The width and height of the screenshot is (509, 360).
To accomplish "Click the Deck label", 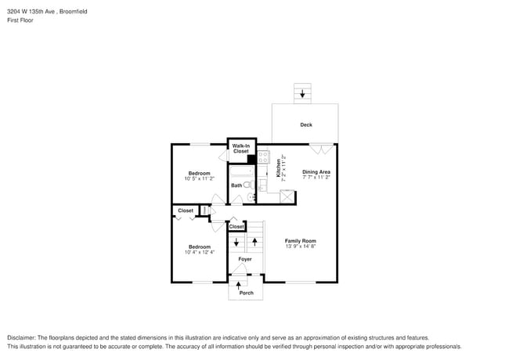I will pyautogui.click(x=306, y=125).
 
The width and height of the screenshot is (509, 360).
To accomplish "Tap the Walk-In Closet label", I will pyautogui.click(x=241, y=149).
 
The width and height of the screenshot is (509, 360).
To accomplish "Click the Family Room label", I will pyautogui.click(x=300, y=240).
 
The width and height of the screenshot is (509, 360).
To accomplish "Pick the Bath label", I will pyautogui.click(x=236, y=185).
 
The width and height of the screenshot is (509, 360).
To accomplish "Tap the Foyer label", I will pyautogui.click(x=245, y=259).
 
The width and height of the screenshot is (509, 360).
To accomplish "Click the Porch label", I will pyautogui.click(x=246, y=293).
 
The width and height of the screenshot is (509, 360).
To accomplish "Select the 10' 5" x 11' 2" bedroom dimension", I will pyautogui.click(x=199, y=178).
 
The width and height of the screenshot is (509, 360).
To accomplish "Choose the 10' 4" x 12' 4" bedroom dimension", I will pyautogui.click(x=198, y=252).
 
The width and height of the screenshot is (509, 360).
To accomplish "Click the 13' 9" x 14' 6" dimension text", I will pyautogui.click(x=300, y=247).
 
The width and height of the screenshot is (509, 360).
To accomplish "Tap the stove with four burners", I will pyautogui.click(x=264, y=157).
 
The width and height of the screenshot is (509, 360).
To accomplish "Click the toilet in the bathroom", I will pyautogui.click(x=248, y=185).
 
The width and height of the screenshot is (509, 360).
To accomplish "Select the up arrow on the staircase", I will pyautogui.click(x=254, y=239).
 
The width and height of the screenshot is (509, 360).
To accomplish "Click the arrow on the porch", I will pyautogui.click(x=239, y=286).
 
